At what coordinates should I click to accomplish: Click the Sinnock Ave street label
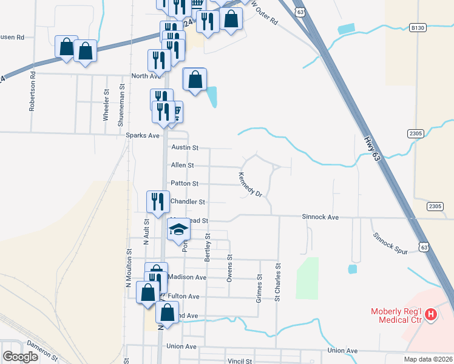[320, 217]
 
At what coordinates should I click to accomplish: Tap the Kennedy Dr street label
[249, 184]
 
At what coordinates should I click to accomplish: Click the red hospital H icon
[430, 314]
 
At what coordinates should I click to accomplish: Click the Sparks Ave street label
[142, 135]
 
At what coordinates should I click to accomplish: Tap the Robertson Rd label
[33, 92]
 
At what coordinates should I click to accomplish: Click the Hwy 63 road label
[375, 147]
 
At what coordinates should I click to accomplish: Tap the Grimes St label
[259, 288]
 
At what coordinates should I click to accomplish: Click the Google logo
[20, 357]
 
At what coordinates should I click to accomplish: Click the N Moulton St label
[129, 267]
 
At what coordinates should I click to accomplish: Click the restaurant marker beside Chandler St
[158, 203]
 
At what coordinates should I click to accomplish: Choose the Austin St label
[185, 147]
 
